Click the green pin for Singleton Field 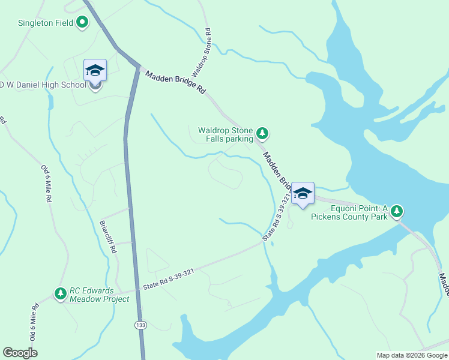tap(82, 23)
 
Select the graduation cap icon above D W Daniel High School tap(95, 71)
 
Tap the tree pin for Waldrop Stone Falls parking tap(262, 133)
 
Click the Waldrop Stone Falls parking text tap(226, 134)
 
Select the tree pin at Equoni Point tap(396, 211)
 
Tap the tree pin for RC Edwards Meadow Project tap(60, 293)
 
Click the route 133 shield tap(139, 325)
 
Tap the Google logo tap(20, 353)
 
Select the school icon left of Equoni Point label tap(303, 193)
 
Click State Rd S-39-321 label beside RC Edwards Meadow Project tap(168, 280)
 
